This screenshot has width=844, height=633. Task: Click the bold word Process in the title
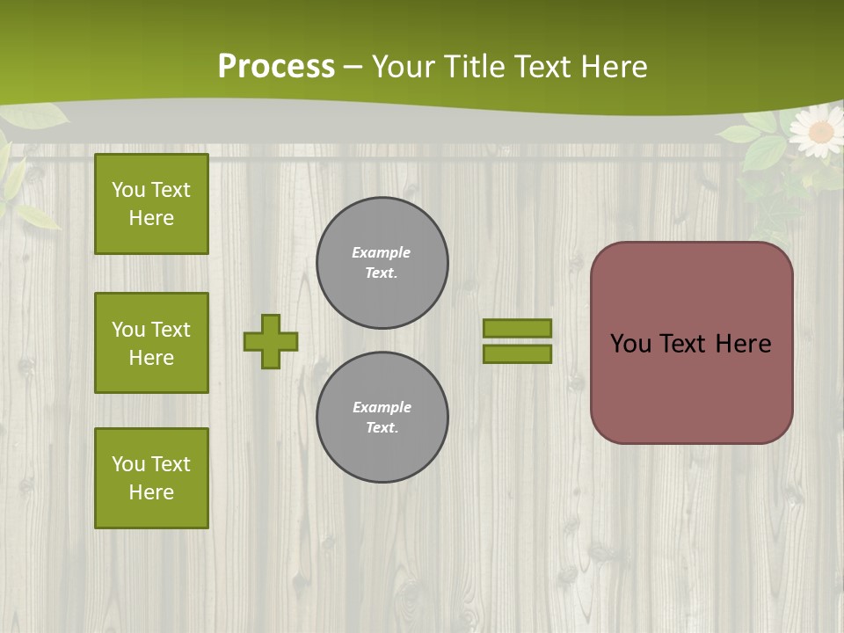click(276, 67)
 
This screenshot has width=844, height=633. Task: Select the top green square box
click(151, 204)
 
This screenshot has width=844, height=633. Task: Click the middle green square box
click(151, 343)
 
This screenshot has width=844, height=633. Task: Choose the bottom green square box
click(151, 478)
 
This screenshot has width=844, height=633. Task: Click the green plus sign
click(271, 341)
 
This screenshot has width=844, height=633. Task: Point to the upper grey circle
click(382, 263)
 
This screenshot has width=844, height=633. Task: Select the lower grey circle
click(382, 418)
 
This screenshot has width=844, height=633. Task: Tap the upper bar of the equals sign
click(517, 328)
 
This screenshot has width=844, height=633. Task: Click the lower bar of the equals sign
click(517, 354)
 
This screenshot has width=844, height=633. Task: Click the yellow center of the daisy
click(820, 132)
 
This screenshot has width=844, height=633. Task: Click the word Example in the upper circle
click(382, 252)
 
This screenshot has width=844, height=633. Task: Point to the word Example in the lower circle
click(382, 407)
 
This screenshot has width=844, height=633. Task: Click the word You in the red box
click(630, 344)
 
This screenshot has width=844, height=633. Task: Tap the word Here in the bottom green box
click(151, 492)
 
